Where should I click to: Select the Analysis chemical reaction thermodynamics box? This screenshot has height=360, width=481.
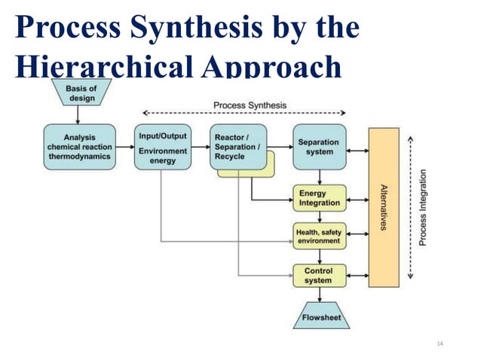point(79,147)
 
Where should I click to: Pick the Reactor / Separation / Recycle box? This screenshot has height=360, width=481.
point(237,146)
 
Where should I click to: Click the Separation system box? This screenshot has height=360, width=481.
point(319,147)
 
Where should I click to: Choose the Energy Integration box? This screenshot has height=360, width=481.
point(319,197)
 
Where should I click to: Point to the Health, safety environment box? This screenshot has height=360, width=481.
point(319,236)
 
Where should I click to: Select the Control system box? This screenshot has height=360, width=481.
point(319,275)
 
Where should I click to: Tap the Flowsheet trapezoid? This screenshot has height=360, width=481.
point(321,317)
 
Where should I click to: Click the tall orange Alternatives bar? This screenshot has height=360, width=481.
point(383,207)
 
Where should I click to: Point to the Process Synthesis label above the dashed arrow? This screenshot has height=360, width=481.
point(250,105)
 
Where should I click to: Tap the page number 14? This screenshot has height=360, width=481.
point(441,343)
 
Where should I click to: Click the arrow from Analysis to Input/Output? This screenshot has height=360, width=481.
point(125,147)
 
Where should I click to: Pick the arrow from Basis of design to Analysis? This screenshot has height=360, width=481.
point(78,115)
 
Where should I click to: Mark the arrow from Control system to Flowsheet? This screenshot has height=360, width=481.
point(320,295)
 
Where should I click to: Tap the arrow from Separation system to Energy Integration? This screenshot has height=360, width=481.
point(320,177)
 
